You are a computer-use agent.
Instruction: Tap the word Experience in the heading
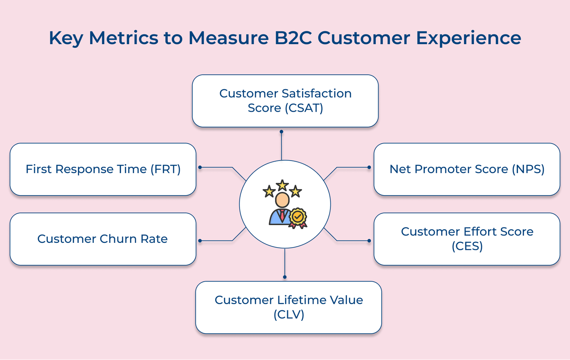pos(468,38)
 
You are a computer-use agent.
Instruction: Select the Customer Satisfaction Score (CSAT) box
pos(285,101)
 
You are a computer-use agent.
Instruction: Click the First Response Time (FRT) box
pos(103,169)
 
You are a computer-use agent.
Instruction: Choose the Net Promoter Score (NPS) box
pos(467,169)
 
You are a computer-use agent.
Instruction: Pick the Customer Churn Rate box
pos(103,239)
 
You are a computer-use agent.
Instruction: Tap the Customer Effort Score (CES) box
pos(467,239)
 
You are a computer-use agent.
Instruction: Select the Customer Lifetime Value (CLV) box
pos(289,307)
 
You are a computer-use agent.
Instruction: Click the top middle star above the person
pos(282,185)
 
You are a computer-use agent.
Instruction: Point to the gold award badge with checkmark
pos(298,217)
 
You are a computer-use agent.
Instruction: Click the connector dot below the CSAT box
pos(281,132)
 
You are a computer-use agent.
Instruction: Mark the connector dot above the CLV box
pos(285,277)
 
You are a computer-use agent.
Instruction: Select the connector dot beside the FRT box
pos(200,167)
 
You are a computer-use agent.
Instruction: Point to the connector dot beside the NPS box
pos(369,167)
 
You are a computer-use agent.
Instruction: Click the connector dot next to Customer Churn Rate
pos(200,241)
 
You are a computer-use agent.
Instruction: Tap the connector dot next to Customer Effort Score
pos(369,241)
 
